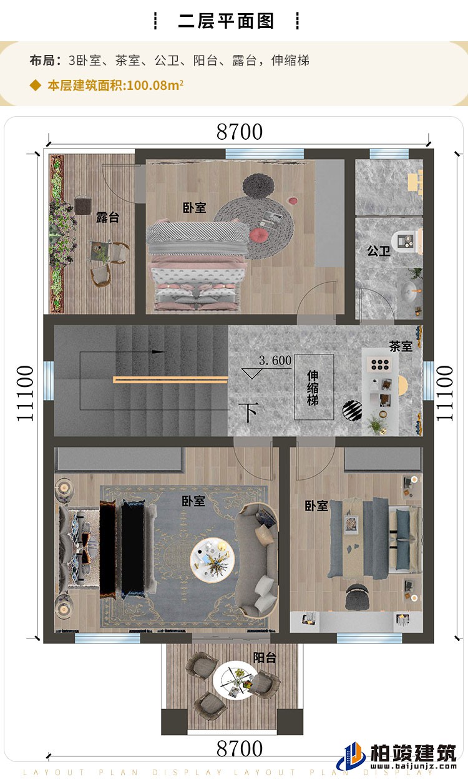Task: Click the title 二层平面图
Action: (226, 21)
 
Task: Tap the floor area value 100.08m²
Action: (154, 86)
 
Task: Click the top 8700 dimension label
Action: (240, 132)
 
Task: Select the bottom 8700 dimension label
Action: (240, 748)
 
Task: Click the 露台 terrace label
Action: (107, 217)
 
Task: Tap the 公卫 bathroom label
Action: (378, 251)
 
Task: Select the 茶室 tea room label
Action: (401, 346)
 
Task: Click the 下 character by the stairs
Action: (250, 413)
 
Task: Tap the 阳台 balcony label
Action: (265, 657)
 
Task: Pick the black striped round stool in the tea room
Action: (352, 409)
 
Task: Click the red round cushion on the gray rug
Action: (259, 235)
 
